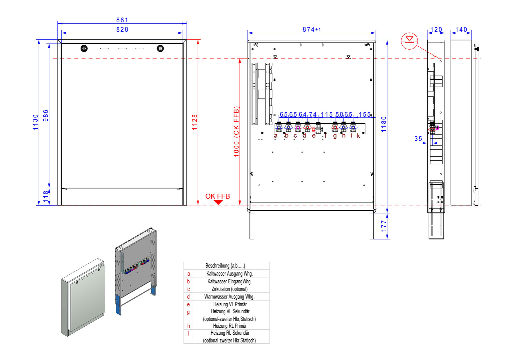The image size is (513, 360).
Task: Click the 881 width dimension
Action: (122, 20)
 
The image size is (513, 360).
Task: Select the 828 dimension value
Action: (122, 30)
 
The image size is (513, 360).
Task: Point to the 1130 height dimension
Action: (36, 122)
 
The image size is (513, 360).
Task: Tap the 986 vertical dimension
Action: (46, 115)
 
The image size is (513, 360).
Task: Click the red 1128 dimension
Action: (195, 122)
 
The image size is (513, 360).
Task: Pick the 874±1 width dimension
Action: (311, 30)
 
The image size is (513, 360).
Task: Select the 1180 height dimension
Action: (384, 124)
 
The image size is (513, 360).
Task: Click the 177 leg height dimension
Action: (384, 226)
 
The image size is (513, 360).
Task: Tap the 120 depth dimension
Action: (436, 30)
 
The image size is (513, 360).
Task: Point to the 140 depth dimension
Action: (461, 30)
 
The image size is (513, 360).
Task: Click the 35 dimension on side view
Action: (418, 139)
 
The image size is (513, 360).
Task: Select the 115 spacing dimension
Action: (327, 115)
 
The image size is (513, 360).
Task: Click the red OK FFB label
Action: (218, 196)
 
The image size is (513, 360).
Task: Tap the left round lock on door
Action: (84, 48)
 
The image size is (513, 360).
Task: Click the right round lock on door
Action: (160, 48)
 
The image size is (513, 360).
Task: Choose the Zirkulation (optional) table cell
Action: (230, 289)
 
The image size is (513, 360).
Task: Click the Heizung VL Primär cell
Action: (230, 304)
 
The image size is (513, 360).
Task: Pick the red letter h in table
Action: (189, 326)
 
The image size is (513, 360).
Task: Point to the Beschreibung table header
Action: (225, 266)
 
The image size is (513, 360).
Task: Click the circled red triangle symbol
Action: (409, 41)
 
